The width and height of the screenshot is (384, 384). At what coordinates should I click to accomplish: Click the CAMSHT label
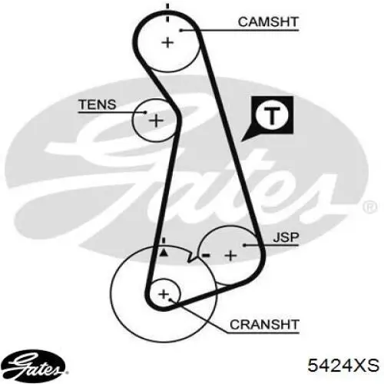pyautogui.click(x=268, y=22)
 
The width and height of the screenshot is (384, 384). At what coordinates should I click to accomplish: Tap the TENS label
pyautogui.click(x=98, y=104)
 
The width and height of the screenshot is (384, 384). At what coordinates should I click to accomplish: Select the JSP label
pyautogui.click(x=286, y=237)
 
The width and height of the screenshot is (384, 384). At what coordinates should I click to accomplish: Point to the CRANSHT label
pyautogui.click(x=264, y=325)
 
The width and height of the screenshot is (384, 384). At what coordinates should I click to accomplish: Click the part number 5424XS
pyautogui.click(x=343, y=365)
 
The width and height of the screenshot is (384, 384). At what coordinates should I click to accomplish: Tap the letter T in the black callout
pyautogui.click(x=272, y=115)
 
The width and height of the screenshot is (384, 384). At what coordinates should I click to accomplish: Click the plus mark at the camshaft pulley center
pyautogui.click(x=167, y=42)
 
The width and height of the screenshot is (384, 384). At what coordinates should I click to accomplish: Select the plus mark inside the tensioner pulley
pyautogui.click(x=156, y=121)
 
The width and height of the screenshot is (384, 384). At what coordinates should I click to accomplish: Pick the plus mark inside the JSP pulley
pyautogui.click(x=230, y=256)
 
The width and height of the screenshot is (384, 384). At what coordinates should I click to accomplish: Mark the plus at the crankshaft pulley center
pyautogui.click(x=164, y=294)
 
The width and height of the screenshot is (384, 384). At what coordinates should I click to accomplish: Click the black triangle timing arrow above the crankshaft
pyautogui.click(x=164, y=253)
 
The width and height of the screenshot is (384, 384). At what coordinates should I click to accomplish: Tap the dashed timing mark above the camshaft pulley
pyautogui.click(x=167, y=13)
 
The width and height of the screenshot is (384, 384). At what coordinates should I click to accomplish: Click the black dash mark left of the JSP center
pyautogui.click(x=206, y=255)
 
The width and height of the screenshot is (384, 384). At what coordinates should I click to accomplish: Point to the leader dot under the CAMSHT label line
pyautogui.click(x=180, y=31)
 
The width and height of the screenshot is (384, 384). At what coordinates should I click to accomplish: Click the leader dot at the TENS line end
pyautogui.click(x=145, y=112)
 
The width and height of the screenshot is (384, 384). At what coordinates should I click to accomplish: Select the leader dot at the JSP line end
pyautogui.click(x=244, y=245)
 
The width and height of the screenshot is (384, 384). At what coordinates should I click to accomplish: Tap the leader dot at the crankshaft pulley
pyautogui.click(x=170, y=300)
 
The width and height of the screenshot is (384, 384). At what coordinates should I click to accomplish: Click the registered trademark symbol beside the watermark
pyautogui.click(x=370, y=207)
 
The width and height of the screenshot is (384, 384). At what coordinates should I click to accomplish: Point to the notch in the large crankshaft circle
pyautogui.click(x=191, y=257)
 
